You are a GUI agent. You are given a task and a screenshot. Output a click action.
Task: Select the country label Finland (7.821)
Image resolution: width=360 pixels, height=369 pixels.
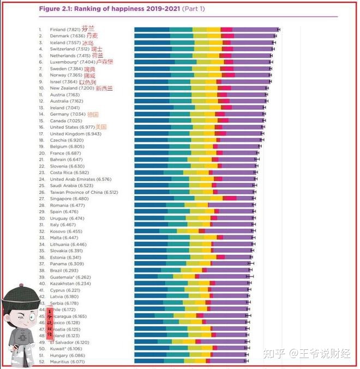63,29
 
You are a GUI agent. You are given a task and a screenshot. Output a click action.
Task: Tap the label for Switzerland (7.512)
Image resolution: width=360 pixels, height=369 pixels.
70,49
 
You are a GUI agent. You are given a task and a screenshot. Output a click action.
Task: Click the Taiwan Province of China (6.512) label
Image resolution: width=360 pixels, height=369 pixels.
84,192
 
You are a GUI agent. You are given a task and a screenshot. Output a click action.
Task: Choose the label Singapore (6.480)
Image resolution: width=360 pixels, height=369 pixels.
68,199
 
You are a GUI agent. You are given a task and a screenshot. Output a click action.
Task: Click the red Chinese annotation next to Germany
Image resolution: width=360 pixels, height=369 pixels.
93,114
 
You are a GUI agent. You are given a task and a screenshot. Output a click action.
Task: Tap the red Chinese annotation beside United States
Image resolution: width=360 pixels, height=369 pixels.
100,127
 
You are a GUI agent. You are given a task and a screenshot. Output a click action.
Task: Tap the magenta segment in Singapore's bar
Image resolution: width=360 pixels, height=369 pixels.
229,199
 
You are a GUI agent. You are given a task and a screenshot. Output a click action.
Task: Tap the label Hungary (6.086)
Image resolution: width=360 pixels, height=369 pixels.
68,355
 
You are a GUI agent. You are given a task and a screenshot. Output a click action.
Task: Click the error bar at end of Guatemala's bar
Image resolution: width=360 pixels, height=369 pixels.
249,277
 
